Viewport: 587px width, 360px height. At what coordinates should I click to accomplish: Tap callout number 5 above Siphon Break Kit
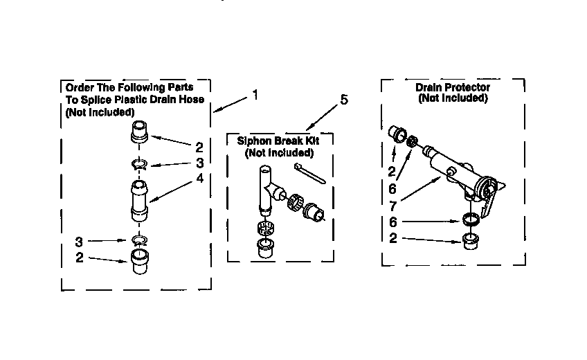[x=343, y=100]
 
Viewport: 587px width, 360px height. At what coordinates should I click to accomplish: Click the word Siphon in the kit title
[x=253, y=141]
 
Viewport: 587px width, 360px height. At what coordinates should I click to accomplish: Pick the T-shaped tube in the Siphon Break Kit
[x=267, y=187]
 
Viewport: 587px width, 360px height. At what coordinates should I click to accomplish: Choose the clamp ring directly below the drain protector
[x=471, y=221]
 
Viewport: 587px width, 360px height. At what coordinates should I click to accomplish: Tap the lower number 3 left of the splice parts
[x=79, y=242]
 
